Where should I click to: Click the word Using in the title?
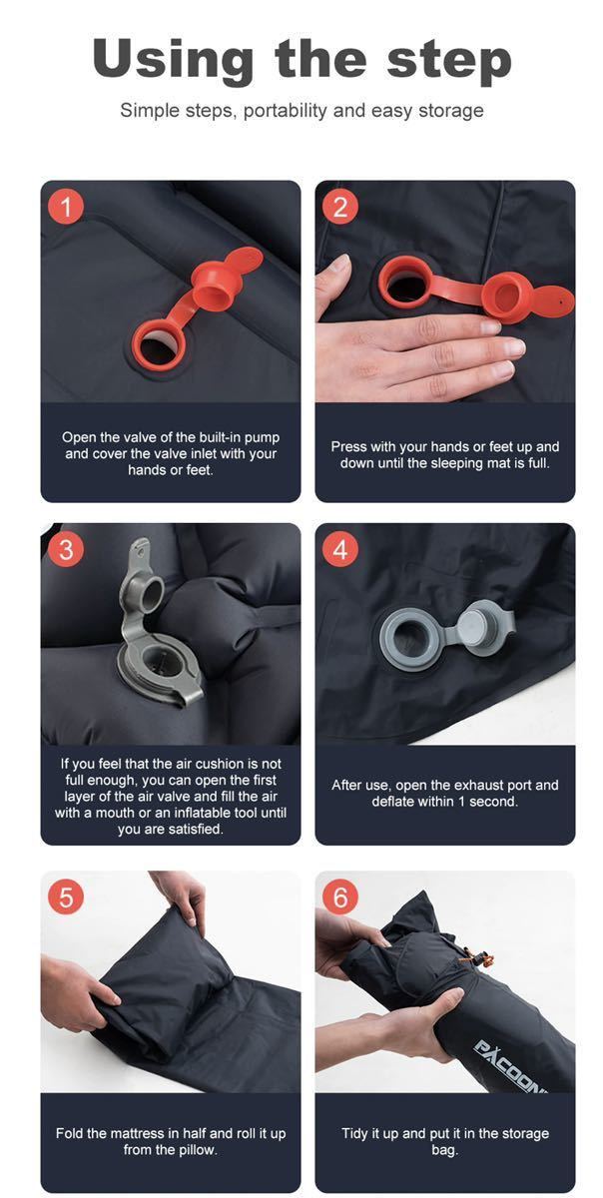[173, 61]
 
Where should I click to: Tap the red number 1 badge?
[66, 207]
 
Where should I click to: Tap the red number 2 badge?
[340, 207]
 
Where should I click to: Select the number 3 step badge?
[66, 549]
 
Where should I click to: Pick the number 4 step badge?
[340, 549]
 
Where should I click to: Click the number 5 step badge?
[66, 897]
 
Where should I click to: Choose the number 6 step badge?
[340, 897]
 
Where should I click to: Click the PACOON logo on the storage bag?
[510, 1066]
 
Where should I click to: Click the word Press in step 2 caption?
[347, 446]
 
